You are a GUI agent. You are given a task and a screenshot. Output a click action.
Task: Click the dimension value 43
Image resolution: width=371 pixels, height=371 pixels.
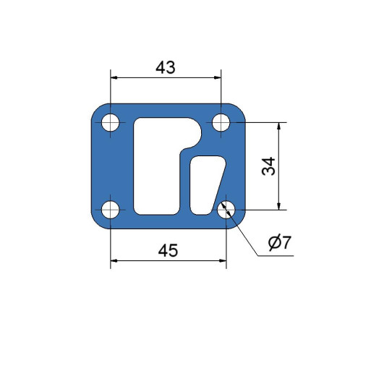(166, 67)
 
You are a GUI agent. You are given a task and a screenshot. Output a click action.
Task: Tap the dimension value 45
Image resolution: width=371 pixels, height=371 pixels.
(168, 250)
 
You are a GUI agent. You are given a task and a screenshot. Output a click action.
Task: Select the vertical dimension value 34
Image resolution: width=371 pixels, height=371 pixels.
(268, 166)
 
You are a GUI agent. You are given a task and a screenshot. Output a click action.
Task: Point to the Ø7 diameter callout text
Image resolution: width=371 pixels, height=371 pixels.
(280, 242)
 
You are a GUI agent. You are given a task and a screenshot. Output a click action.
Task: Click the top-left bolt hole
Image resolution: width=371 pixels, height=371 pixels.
(111, 122)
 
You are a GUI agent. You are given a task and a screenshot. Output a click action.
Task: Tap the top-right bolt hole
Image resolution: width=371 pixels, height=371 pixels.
(221, 122)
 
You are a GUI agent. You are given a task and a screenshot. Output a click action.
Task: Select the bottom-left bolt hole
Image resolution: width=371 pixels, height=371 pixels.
(111, 210)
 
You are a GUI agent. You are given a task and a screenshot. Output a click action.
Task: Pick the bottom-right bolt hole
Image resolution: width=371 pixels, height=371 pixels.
(226, 210)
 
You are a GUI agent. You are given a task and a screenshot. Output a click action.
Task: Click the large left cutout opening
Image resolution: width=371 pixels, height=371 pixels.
(157, 166)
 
